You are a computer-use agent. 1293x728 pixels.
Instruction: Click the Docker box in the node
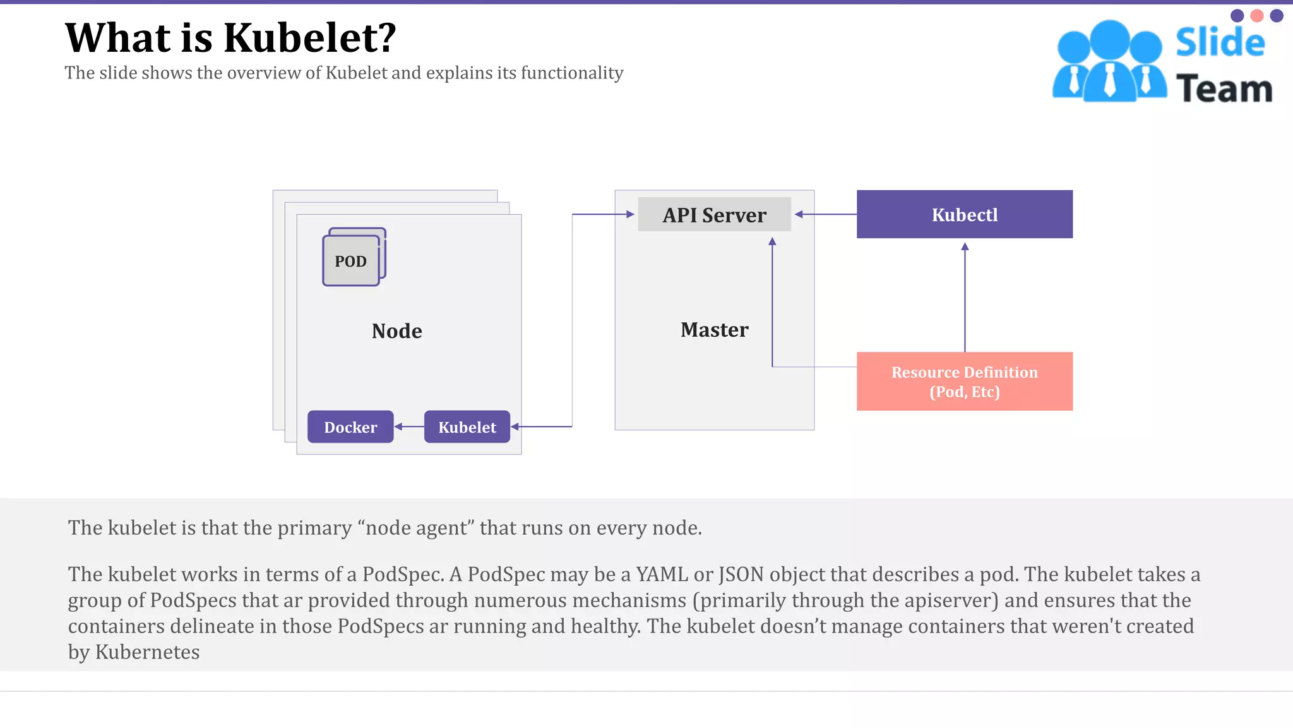point(350,427)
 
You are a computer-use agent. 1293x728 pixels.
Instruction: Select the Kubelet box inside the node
point(467,427)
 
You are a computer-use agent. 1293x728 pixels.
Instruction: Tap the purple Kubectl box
point(964,214)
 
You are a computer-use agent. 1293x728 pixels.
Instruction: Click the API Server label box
point(714,215)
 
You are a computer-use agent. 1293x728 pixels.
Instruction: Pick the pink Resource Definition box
point(964,381)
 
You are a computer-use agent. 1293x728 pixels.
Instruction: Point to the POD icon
point(352,259)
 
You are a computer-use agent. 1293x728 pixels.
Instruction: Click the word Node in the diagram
point(396,331)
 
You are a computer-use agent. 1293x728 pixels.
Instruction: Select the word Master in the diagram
point(714,330)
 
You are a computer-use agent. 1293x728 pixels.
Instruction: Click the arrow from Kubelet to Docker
point(409,427)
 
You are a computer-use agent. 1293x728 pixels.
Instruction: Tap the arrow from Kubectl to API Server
point(825,214)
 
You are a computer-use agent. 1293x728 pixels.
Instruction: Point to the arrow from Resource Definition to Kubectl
point(965,297)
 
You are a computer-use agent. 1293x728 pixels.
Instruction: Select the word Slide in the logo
point(1220,42)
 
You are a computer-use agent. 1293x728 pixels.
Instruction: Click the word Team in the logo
point(1224,88)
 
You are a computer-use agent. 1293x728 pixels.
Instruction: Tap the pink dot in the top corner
point(1257,16)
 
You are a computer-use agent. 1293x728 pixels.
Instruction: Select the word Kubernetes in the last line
point(147,652)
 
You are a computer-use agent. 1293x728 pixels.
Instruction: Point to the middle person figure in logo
point(1109,63)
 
